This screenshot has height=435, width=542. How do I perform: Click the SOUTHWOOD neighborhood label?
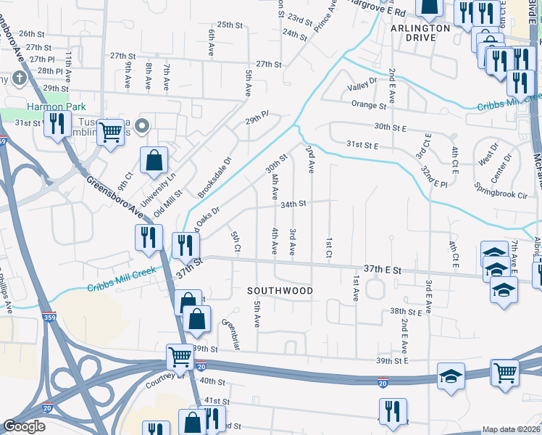tap(280, 291)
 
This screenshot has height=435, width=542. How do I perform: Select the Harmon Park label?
tap(46, 107)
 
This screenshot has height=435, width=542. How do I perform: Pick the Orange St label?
tap(370, 105)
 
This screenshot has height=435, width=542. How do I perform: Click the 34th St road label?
tap(294, 204)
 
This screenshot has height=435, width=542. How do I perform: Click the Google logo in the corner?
tap(25, 426)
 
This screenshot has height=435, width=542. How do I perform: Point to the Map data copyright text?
tap(511, 429)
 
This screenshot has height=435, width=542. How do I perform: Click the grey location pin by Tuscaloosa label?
tap(143, 126)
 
